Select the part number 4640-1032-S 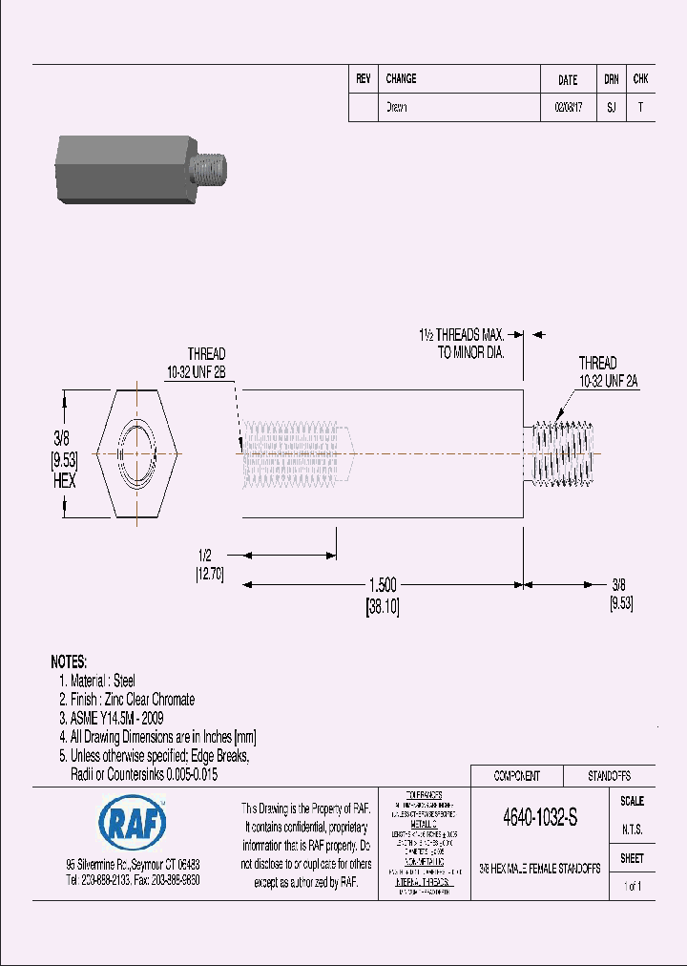[538, 818]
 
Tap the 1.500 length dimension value [382, 585]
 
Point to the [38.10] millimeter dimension [382, 604]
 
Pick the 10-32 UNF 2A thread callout [608, 380]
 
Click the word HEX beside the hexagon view [64, 482]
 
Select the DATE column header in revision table [568, 80]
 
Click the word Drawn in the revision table [396, 108]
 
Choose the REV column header [363, 79]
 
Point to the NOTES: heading [69, 661]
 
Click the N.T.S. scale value [632, 829]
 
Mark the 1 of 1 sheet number [632, 887]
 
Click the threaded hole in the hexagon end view [133, 451]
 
